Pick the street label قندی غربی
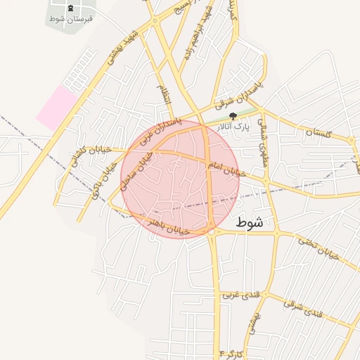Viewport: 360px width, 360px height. pyautogui.click(x=237, y=295)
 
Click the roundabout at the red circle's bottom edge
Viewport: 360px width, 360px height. pyautogui.click(x=211, y=231)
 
